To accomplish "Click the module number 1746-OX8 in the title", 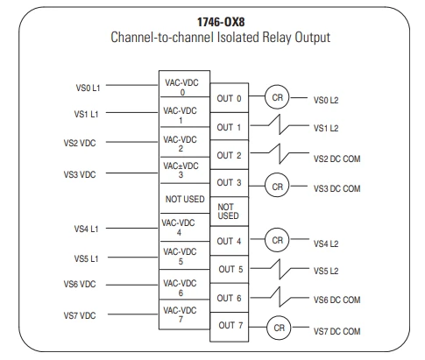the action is (x=221, y=22).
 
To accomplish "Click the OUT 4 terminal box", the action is (x=230, y=241).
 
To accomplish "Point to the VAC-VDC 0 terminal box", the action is (x=185, y=84).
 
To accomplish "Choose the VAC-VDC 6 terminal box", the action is (x=185, y=285).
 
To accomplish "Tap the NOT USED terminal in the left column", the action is (x=185, y=199).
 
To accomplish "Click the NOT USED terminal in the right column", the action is (x=230, y=211).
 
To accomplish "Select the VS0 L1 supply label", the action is (x=88, y=88).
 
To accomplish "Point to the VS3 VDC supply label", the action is (x=80, y=174).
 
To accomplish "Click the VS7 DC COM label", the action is (x=337, y=331).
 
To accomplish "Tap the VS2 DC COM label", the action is (x=337, y=159).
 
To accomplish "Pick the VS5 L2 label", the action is (x=326, y=271).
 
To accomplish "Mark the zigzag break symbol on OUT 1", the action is (x=280, y=124).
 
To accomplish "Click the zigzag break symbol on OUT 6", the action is (x=280, y=297).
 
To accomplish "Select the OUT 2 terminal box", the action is (x=230, y=155).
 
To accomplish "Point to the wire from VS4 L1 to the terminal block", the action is (x=131, y=228).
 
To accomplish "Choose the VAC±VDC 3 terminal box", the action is (x=185, y=170).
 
